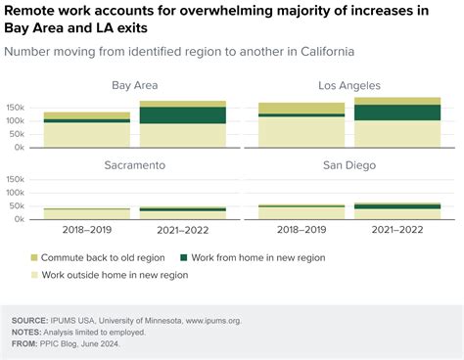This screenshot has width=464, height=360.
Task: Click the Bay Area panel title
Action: click(x=135, y=86)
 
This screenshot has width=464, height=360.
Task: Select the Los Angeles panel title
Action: click(x=349, y=86)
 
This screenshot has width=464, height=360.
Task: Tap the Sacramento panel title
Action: click(x=135, y=165)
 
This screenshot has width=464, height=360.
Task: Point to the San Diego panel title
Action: click(x=349, y=165)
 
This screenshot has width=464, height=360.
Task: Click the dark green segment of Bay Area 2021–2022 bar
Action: click(x=183, y=114)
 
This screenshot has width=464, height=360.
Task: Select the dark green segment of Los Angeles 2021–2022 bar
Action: click(x=397, y=112)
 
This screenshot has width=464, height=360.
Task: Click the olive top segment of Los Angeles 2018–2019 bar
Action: click(x=302, y=109)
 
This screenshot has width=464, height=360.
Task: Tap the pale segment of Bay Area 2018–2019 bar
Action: click(x=87, y=135)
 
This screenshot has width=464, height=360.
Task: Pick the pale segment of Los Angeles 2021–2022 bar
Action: click(x=397, y=134)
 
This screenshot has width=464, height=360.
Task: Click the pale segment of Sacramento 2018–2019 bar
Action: click(x=87, y=214)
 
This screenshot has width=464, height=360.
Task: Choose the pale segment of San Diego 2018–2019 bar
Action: click(x=302, y=212)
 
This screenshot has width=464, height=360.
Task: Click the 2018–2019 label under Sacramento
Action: click(x=87, y=231)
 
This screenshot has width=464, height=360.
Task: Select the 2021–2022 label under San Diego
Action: click(x=397, y=231)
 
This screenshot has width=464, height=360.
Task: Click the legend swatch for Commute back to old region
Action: click(x=37, y=257)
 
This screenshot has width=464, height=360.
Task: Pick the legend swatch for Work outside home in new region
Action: click(x=37, y=275)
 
